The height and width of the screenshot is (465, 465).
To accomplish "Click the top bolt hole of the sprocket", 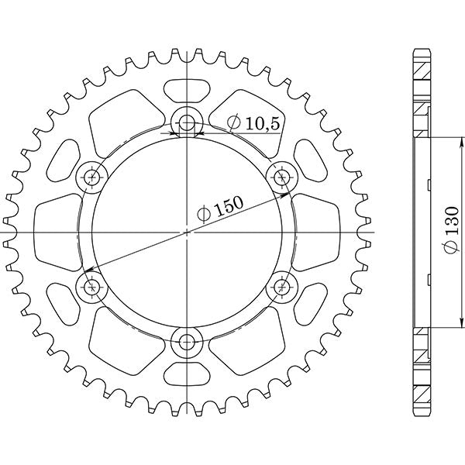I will pos(187,122).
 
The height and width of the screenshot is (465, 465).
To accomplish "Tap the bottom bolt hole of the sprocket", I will pos(187,342).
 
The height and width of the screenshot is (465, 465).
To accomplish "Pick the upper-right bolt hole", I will pos(281,177).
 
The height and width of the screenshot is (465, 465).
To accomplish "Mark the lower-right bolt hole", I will pos(281,288).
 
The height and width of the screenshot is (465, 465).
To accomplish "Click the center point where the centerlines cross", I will pos(187,232).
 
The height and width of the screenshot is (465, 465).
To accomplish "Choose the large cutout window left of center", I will pos(58,232).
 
